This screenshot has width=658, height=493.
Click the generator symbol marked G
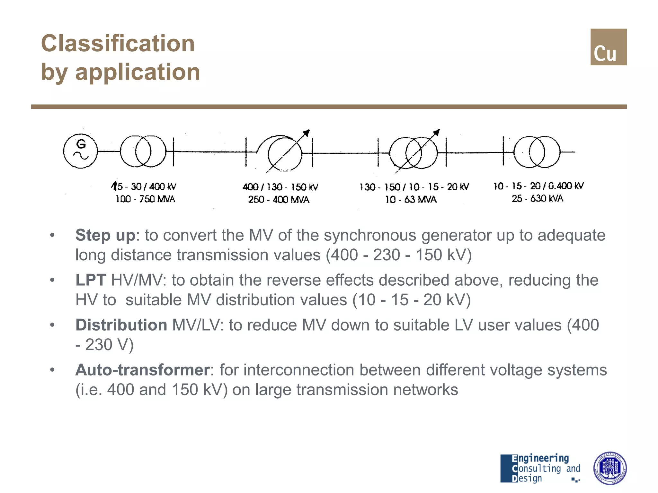click(x=80, y=151)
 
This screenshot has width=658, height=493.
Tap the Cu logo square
click(x=608, y=47)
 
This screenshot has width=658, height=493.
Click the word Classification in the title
click(x=118, y=43)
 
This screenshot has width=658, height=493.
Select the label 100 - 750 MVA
click(x=145, y=199)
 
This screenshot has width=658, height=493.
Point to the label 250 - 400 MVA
click(x=279, y=200)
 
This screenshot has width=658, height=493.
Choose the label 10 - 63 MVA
click(x=411, y=200)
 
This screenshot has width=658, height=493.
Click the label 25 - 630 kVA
click(x=538, y=198)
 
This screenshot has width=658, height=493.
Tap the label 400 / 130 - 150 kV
click(x=280, y=187)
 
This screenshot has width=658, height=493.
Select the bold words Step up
click(x=105, y=235)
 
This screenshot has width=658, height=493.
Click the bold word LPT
click(x=91, y=280)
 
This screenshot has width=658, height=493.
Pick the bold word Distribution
click(x=121, y=325)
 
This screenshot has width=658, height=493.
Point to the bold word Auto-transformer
click(x=142, y=370)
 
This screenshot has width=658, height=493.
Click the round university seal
click(x=610, y=468)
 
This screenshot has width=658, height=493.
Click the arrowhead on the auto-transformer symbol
click(x=307, y=133)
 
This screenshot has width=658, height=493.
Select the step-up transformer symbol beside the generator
click(x=143, y=151)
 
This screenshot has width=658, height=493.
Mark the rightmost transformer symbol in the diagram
click(x=537, y=152)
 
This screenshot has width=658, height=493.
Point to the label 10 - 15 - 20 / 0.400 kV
click(x=538, y=186)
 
